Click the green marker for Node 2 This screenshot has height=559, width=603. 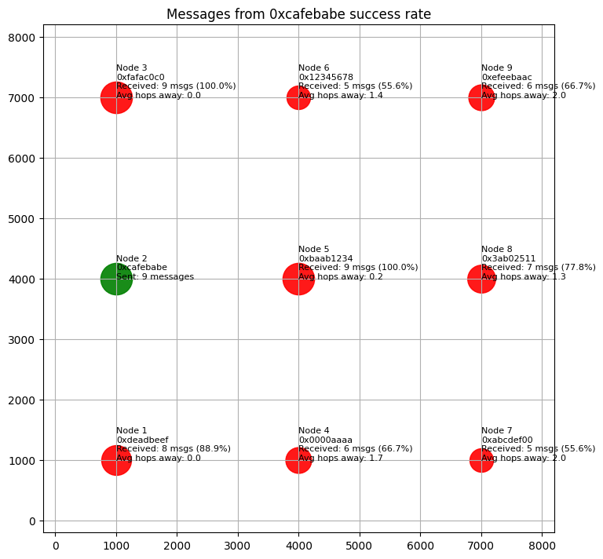tap(116, 279)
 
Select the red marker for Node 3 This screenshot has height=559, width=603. tap(116, 97)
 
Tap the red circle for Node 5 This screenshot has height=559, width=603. tap(298, 279)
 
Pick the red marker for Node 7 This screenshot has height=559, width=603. tap(481, 460)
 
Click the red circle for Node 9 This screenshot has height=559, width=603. tap(481, 97)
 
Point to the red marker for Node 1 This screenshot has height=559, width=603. tap(116, 460)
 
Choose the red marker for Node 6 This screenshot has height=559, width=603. tap(298, 97)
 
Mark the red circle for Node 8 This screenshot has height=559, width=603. tap(481, 279)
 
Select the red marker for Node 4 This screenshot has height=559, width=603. tap(298, 460)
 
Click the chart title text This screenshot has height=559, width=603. tap(299, 14)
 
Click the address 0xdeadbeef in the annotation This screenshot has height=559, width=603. tap(142, 440)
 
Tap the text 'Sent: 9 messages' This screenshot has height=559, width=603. tap(155, 276)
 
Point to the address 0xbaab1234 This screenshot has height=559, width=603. tap(325, 258)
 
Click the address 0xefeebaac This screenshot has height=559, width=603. tap(506, 77)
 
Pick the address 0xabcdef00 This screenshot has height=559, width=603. tap(507, 440)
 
